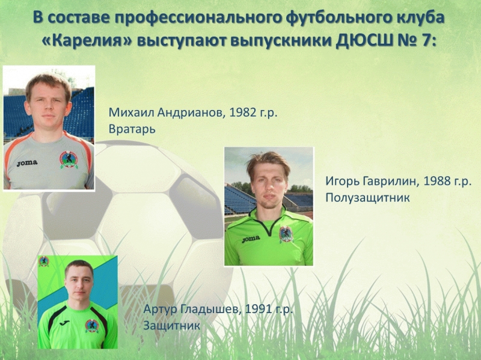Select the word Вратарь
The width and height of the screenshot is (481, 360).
pyautogui.click(x=132, y=129)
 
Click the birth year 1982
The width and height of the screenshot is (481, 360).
pyautogui.click(x=243, y=112)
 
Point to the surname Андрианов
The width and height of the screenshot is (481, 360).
pyautogui.click(x=192, y=113)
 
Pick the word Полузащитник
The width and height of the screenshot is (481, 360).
pyautogui.click(x=367, y=198)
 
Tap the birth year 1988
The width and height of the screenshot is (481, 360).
pyautogui.click(x=437, y=182)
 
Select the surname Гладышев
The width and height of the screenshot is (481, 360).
pyautogui.click(x=210, y=309)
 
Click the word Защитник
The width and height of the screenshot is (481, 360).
pyautogui.click(x=171, y=326)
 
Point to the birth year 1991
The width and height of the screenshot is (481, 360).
pyautogui.click(x=258, y=309)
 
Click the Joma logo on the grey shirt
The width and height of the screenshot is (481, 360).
pyautogui.click(x=27, y=163)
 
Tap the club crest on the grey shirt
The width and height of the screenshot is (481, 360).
pyautogui.click(x=69, y=160)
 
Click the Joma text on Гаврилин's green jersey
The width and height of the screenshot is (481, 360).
pyautogui.click(x=251, y=239)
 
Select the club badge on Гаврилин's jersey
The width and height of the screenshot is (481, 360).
pyautogui.click(x=286, y=234)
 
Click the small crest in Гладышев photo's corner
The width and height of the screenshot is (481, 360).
pyautogui.click(x=43, y=261)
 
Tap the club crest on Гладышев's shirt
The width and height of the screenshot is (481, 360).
pyautogui.click(x=92, y=326)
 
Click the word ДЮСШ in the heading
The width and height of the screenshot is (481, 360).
pyautogui.click(x=364, y=41)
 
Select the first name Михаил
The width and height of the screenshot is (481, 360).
pyautogui.click(x=131, y=113)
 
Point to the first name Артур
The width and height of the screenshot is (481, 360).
pyautogui.click(x=160, y=310)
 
